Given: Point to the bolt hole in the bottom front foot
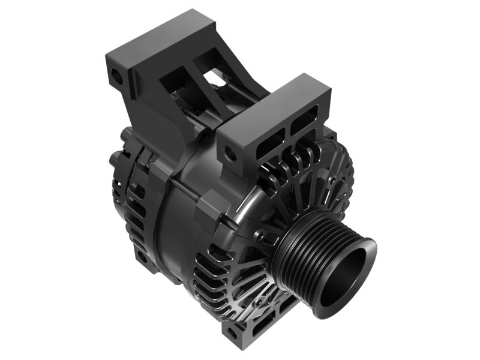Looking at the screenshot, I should [x=235, y=329].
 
